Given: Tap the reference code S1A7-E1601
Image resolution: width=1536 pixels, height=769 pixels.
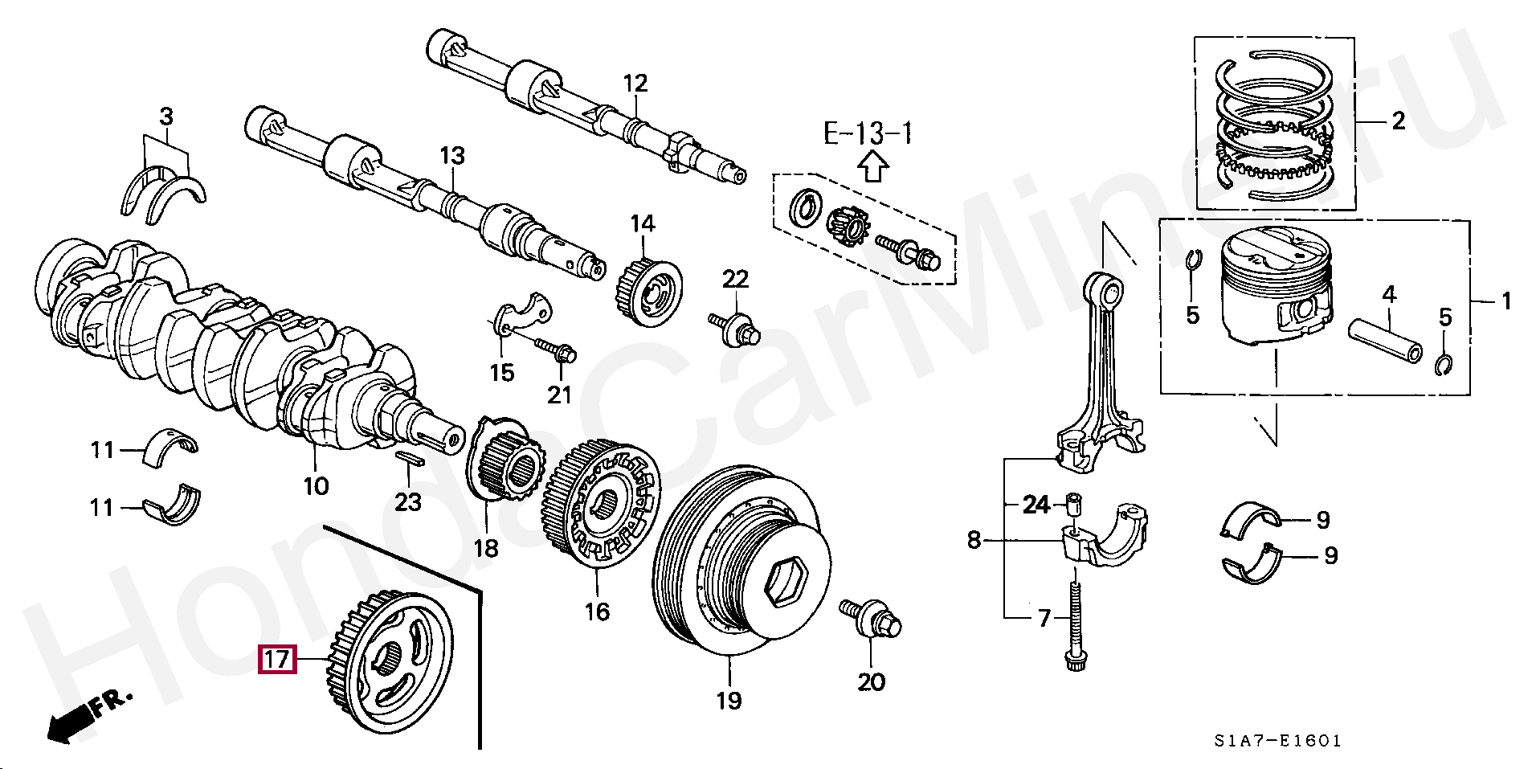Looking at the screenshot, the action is (x=1277, y=741).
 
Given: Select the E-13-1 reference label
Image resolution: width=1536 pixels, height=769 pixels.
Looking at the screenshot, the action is (x=868, y=133).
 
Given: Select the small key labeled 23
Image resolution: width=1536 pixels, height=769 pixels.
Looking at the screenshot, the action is (x=410, y=458).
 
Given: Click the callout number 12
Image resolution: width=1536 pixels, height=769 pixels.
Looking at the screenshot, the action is (x=635, y=83).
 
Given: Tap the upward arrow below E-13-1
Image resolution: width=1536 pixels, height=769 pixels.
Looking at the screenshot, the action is (x=873, y=167).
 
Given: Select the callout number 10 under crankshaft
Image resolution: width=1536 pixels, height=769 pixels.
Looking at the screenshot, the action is (x=317, y=485).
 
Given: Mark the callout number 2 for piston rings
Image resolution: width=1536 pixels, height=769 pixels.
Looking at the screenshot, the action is (x=1399, y=121).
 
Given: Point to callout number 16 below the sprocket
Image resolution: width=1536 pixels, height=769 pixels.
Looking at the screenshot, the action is (x=597, y=612).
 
